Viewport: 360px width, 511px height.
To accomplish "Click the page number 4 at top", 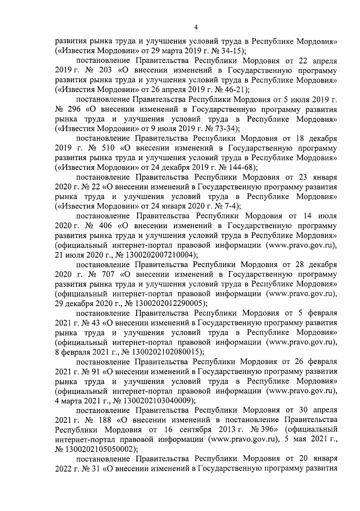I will (x=196, y=27).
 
